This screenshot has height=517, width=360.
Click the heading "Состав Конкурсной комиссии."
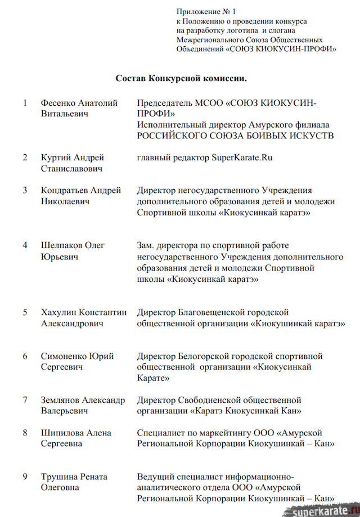[x=181, y=78]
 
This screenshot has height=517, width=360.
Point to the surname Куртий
[x=55, y=158]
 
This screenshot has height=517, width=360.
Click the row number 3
[x=25, y=190]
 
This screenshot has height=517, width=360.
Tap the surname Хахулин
[x=58, y=312]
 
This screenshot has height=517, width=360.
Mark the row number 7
[x=25, y=400]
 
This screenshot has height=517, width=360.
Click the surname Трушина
[x=58, y=476]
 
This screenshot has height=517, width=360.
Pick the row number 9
[x=25, y=476]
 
